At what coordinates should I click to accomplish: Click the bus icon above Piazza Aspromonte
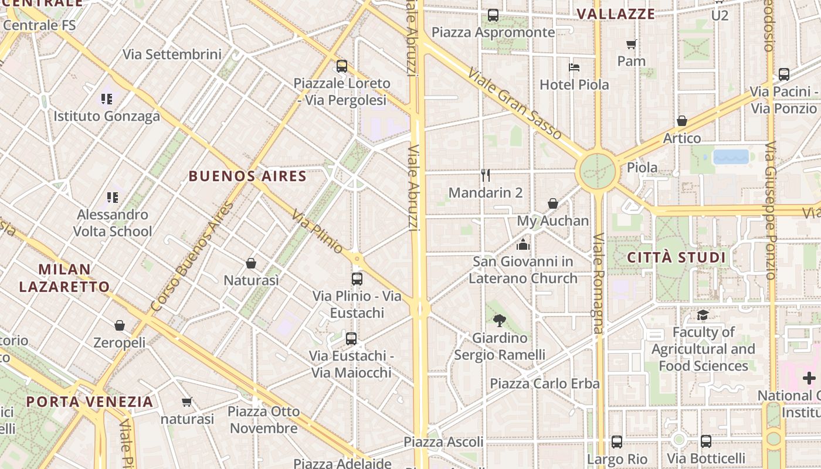pos(493,15)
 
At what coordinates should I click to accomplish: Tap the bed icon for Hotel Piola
pos(574,67)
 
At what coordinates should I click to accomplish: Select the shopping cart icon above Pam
pos(632,44)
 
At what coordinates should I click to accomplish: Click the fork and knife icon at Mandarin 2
pos(486,175)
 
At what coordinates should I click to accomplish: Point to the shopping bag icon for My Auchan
pos(553,203)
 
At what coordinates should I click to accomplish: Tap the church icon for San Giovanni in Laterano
pos(523,244)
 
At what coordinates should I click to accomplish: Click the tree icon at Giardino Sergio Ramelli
pos(500,320)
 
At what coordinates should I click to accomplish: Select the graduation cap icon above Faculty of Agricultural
pos(703,315)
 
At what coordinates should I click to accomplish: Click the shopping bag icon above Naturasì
pos(251,263)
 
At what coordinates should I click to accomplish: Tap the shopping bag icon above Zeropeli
pos(120,325)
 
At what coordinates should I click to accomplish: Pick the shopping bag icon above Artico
pos(682,121)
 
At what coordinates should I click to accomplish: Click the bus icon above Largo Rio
pos(617,441)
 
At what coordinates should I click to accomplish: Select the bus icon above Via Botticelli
pos(706,441)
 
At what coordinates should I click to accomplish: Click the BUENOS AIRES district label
pos(247,176)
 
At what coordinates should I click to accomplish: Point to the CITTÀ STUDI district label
pos(676,257)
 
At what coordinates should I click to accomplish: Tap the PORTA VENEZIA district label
pos(90,402)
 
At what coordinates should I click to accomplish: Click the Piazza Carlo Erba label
pos(545,383)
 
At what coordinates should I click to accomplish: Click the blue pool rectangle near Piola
pos(731,157)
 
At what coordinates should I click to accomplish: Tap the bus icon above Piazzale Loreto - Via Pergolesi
pos(342,66)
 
